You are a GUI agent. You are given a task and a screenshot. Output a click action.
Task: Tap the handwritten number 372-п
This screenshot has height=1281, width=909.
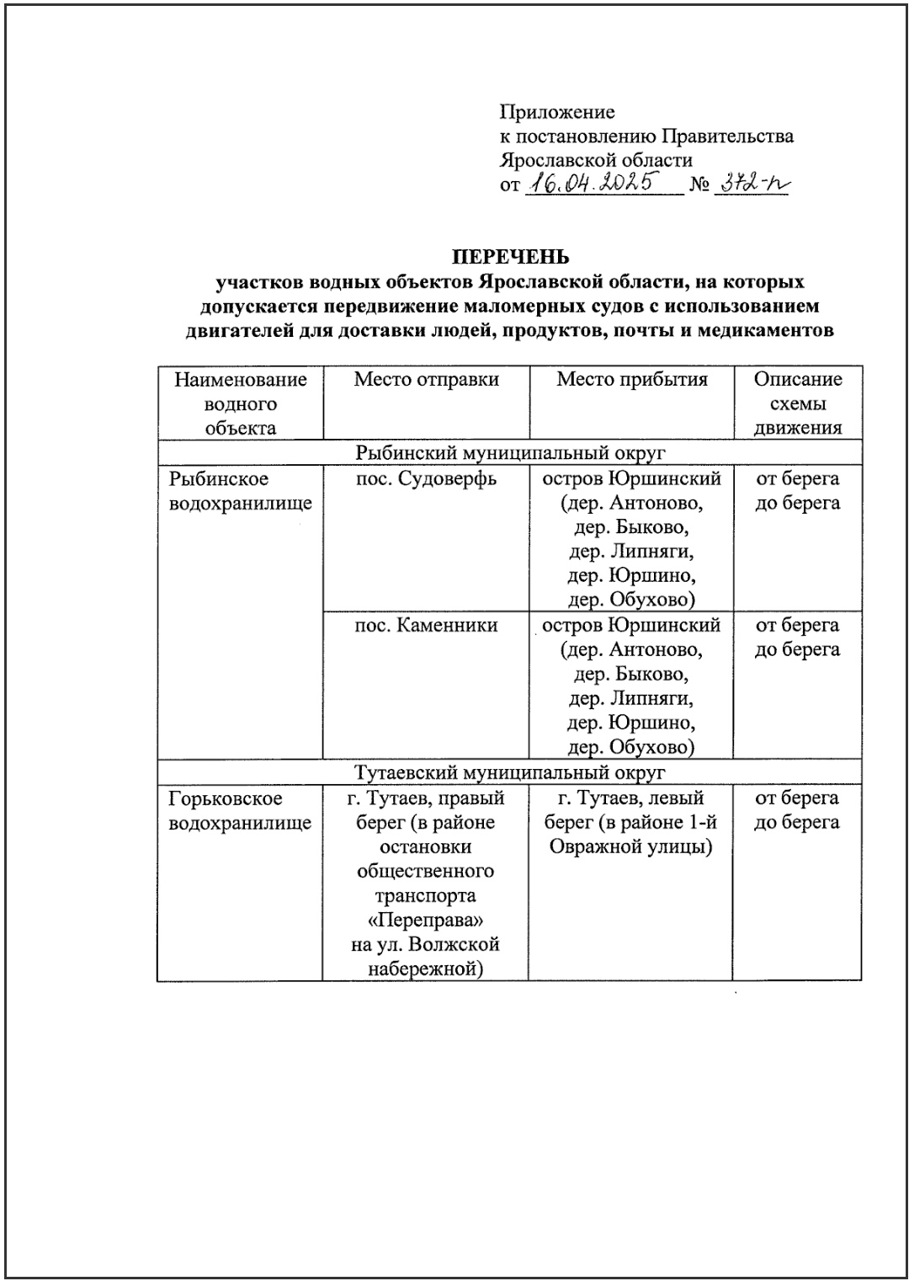[749, 184]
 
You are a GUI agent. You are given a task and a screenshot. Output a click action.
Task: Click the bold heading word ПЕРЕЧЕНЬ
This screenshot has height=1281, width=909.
[511, 257]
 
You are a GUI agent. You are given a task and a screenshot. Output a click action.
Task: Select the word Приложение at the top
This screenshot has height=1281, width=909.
[557, 112]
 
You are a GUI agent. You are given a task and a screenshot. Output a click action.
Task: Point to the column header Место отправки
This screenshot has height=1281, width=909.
[426, 380]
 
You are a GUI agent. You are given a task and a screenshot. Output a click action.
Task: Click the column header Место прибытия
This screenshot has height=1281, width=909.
[631, 380]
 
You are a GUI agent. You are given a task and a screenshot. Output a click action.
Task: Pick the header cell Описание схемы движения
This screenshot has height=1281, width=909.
[797, 403]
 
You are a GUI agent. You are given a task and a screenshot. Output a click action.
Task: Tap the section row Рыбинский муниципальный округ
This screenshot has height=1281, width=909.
[510, 452]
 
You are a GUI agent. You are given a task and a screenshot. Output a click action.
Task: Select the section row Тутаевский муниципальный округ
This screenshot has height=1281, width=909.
[510, 772]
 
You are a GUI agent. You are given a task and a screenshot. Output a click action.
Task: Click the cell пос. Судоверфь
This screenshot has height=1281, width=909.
[426, 479]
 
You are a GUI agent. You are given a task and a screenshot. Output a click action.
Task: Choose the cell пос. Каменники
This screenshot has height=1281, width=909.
[426, 626]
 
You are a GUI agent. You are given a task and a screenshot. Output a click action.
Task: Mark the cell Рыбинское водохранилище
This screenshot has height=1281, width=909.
[240, 491]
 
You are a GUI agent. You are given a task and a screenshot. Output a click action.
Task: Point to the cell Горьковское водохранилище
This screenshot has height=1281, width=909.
[240, 810]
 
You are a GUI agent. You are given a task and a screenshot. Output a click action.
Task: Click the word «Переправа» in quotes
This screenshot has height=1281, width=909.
[426, 920]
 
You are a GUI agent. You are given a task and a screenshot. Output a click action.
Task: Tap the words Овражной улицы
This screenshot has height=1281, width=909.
[631, 846]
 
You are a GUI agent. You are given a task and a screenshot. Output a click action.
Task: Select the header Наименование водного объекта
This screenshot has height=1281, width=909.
[241, 403]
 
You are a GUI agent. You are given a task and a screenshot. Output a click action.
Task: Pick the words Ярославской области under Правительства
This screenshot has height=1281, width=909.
[596, 160]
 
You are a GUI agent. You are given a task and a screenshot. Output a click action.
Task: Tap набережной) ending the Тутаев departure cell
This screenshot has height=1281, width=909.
[426, 969]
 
